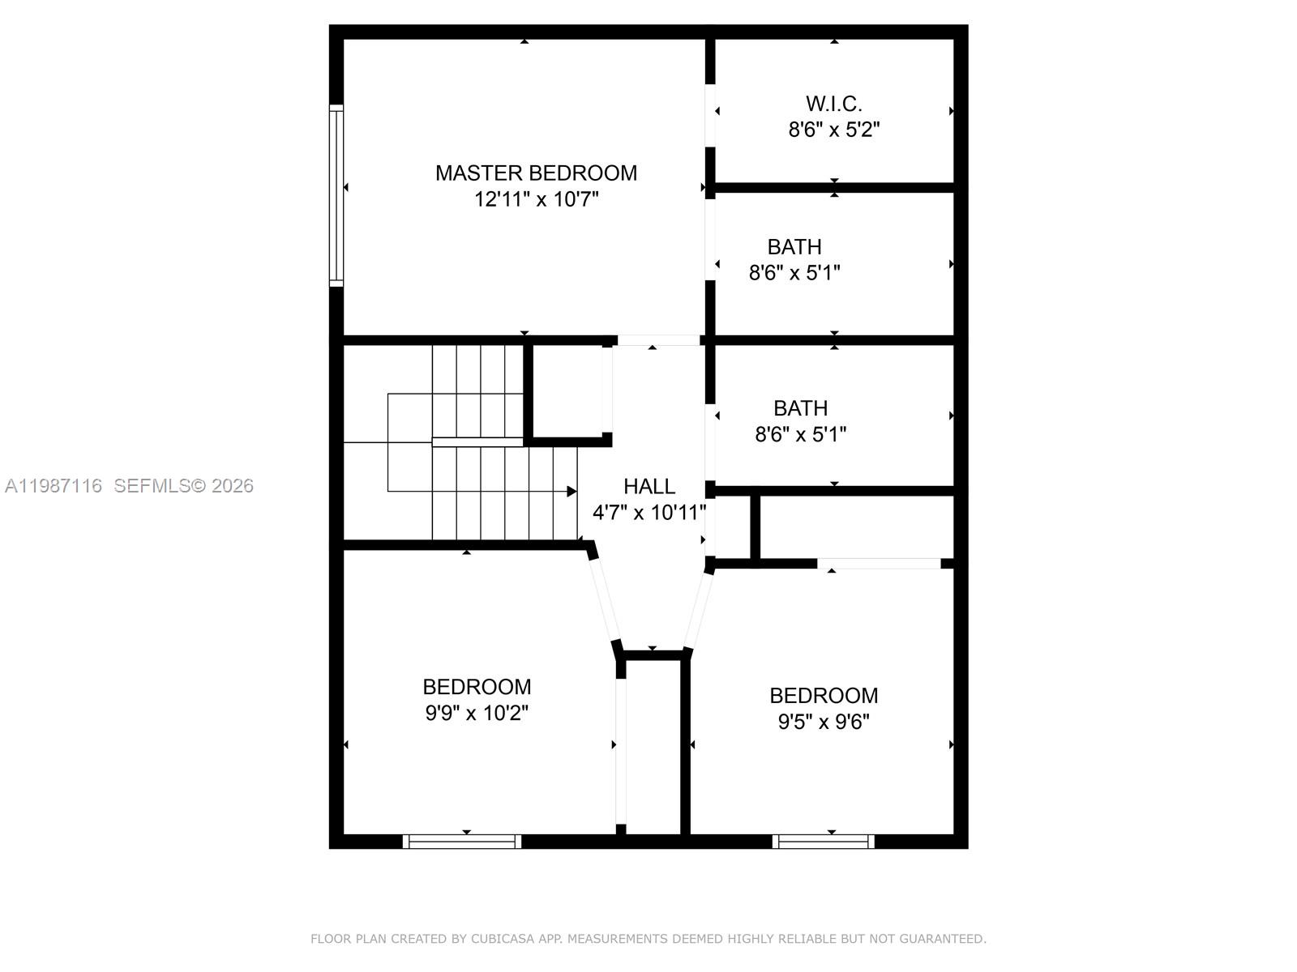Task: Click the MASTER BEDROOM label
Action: (x=536, y=173)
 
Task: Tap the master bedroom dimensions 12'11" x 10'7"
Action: (x=536, y=199)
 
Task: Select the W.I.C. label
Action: (x=833, y=104)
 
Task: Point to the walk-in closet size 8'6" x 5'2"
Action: (x=833, y=130)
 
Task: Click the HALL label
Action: (x=648, y=486)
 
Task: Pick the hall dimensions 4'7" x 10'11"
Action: (x=648, y=513)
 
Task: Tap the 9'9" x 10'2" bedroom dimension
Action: (x=477, y=714)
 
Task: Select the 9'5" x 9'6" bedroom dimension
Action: (x=824, y=722)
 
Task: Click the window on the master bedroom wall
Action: (x=336, y=195)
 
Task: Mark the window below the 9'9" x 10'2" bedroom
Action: (x=462, y=842)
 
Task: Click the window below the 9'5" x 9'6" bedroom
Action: (x=824, y=842)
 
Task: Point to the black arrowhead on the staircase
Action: (x=571, y=492)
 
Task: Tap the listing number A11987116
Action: (x=54, y=486)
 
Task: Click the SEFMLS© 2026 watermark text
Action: (x=183, y=486)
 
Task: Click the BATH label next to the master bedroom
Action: (x=794, y=246)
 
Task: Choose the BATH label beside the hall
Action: (x=800, y=408)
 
